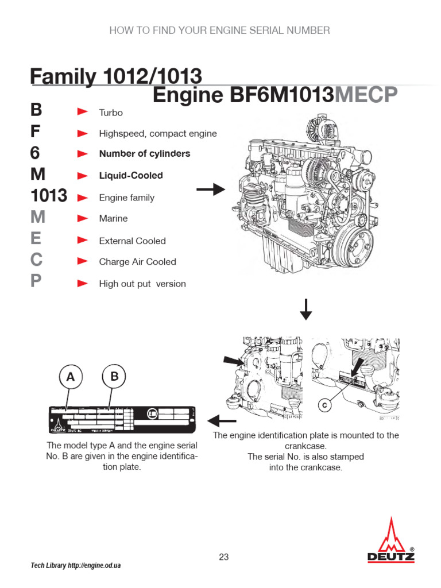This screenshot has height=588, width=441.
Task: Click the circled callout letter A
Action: click(x=71, y=377)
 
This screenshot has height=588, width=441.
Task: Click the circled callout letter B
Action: click(x=114, y=377)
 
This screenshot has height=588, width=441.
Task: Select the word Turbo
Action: click(x=111, y=113)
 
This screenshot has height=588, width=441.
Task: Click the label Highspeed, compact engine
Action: click(x=158, y=134)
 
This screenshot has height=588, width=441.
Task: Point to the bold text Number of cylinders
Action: click(x=144, y=154)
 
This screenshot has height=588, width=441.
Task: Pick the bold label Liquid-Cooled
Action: click(x=131, y=176)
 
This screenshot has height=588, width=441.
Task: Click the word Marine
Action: click(x=113, y=219)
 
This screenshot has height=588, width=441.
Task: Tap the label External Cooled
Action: click(x=132, y=241)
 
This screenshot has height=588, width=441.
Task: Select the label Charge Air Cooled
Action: click(x=137, y=262)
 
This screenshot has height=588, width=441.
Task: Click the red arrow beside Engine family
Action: click(x=83, y=198)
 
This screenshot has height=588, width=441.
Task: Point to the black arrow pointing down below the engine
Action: click(x=306, y=309)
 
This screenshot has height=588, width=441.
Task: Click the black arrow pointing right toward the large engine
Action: click(x=211, y=189)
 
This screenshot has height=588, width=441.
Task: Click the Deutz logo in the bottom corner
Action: click(x=391, y=540)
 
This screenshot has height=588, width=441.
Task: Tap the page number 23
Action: click(x=224, y=556)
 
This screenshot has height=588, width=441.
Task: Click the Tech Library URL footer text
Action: click(x=75, y=566)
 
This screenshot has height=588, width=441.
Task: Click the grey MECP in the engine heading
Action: click(x=366, y=96)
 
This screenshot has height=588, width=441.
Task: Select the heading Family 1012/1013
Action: click(x=115, y=76)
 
